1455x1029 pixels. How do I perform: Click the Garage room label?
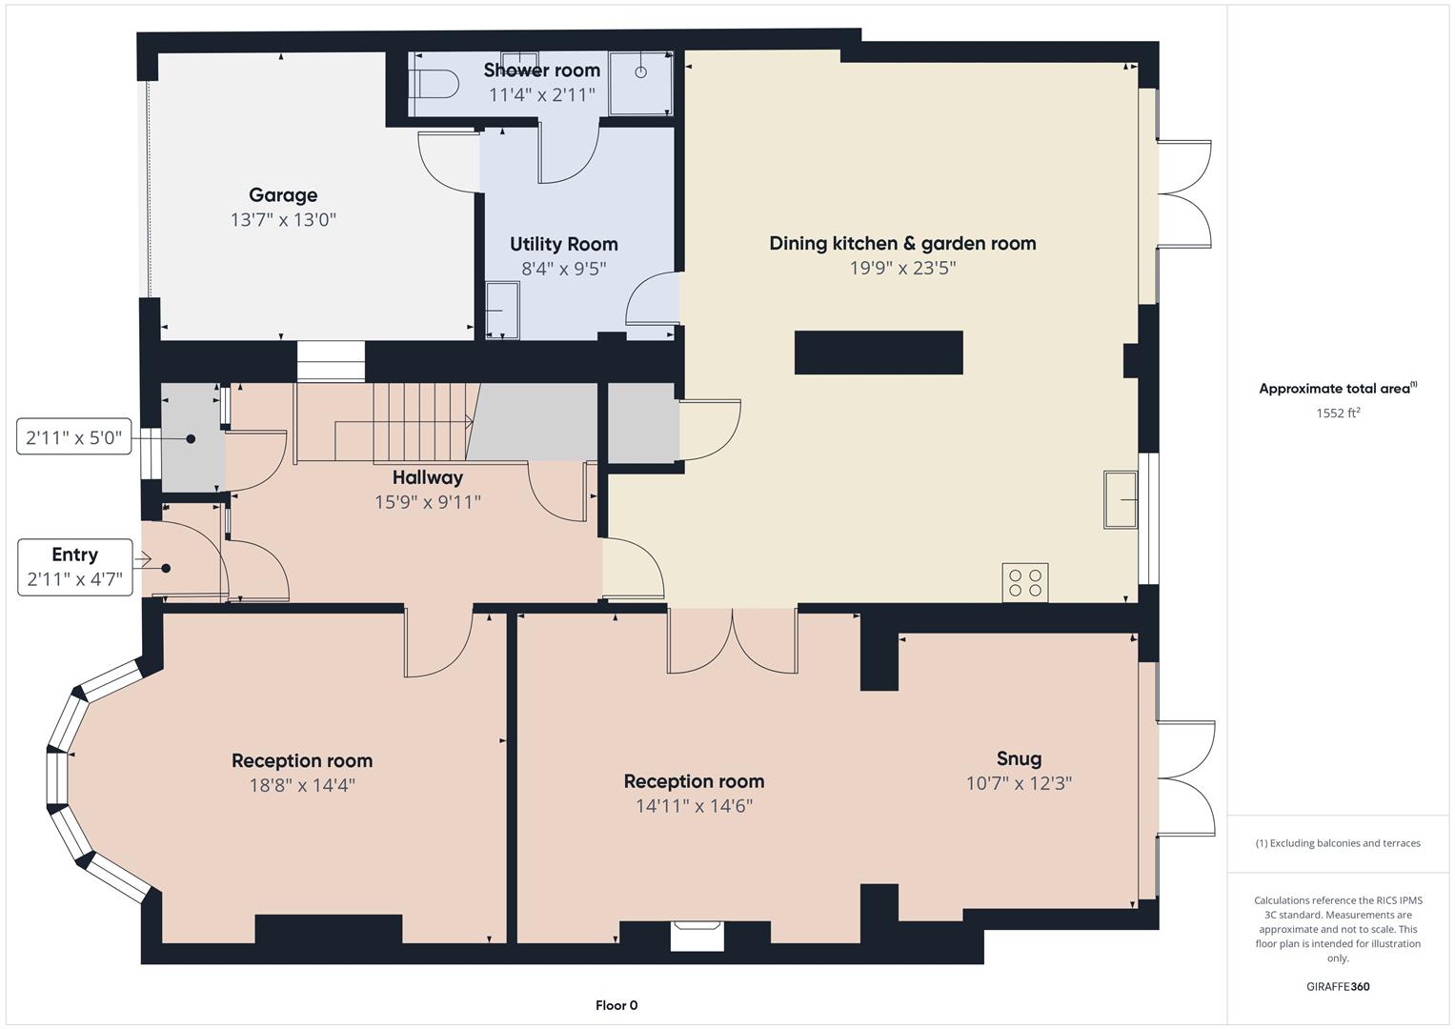283,195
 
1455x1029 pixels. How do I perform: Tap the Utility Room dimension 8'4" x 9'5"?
563,269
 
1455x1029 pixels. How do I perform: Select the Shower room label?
541,70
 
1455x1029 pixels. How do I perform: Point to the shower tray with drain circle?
640,82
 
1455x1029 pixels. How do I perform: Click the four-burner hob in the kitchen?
1024,582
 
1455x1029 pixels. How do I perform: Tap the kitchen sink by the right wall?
1122,498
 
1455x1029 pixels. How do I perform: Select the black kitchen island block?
878,353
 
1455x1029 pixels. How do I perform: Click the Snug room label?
1019,758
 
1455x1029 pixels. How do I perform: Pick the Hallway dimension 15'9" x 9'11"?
427,501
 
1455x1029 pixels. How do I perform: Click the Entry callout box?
74,567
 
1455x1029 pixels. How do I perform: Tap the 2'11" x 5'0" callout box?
74,437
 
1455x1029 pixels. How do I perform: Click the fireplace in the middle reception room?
697,935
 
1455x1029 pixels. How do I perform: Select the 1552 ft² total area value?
1337,413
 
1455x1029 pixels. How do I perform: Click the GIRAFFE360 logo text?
1337,986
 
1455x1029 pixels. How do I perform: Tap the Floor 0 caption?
616,1005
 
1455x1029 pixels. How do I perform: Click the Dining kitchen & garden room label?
901,243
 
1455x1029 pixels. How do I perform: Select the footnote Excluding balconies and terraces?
1337,843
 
